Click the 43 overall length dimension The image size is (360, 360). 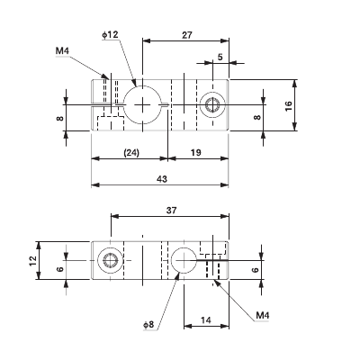tap(162, 179)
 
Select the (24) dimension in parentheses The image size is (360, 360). tap(130, 153)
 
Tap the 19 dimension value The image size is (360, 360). tap(196, 153)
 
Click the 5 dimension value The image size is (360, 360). tap(220, 57)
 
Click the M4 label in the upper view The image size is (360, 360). tap(62, 51)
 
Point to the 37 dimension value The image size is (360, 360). tap(172, 211)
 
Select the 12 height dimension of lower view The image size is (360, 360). tap(31, 260)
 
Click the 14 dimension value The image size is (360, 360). tap(206, 319)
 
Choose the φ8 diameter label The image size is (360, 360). tap(148, 324)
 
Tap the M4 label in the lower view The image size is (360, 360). tap(263, 315)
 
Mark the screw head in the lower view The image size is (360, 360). tap(111, 261)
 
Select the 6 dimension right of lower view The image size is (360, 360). tap(255, 269)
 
